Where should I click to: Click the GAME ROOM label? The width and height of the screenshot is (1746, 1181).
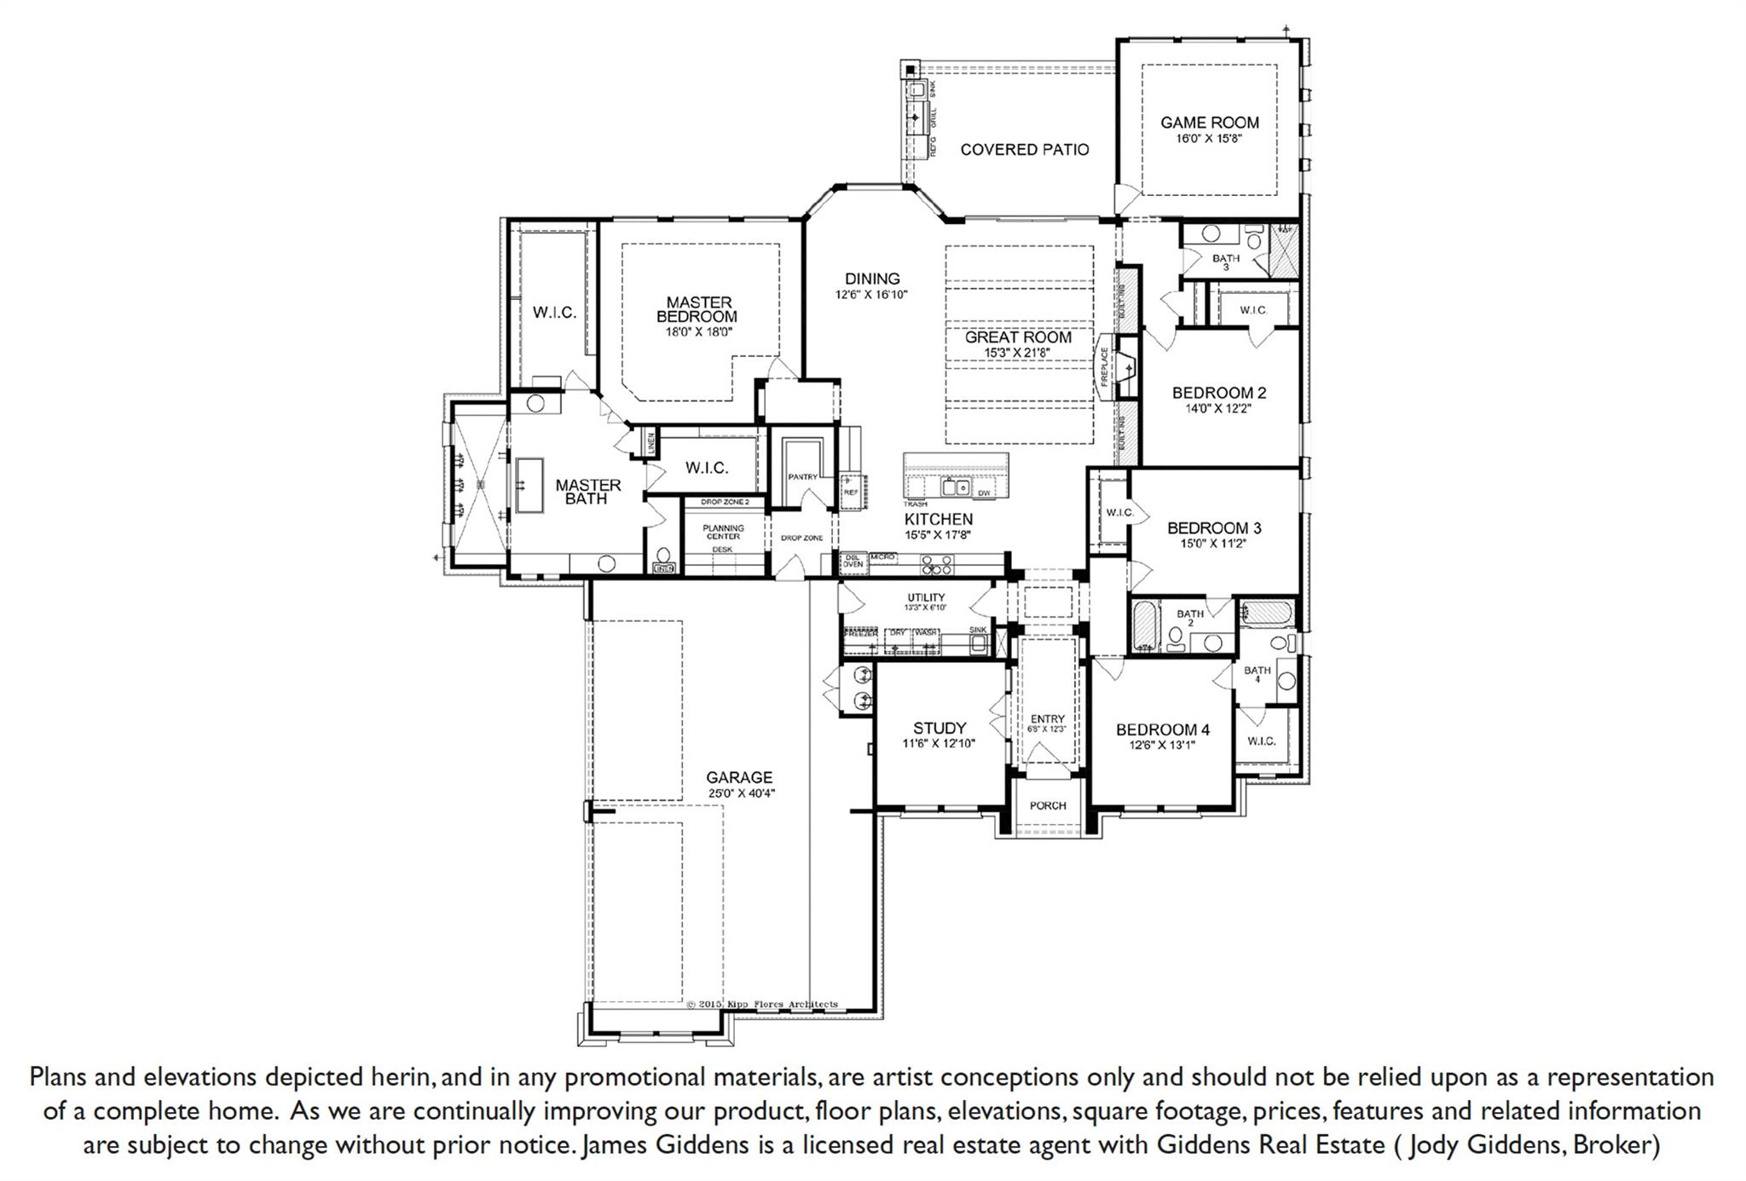pyautogui.click(x=1209, y=123)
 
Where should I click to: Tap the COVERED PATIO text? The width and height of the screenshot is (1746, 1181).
pyautogui.click(x=1024, y=150)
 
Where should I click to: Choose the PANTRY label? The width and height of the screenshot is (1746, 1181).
pyautogui.click(x=802, y=477)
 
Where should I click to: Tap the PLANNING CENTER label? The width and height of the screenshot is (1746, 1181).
pyautogui.click(x=723, y=532)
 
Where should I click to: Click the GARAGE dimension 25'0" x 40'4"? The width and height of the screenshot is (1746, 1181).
pyautogui.click(x=739, y=793)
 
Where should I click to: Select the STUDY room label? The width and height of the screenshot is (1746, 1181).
pyautogui.click(x=939, y=729)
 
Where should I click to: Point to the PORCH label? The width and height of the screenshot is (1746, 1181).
pyautogui.click(x=1048, y=806)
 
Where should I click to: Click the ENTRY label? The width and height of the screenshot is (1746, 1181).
pyautogui.click(x=1047, y=719)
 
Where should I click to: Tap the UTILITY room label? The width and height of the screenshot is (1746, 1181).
pyautogui.click(x=926, y=597)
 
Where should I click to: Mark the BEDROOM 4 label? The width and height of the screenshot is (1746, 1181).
pyautogui.click(x=1163, y=730)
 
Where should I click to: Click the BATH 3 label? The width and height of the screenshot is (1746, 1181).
pyautogui.click(x=1226, y=259)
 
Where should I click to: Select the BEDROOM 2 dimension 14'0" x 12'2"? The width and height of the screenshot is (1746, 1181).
pyautogui.click(x=1219, y=408)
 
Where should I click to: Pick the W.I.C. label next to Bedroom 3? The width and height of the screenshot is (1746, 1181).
pyautogui.click(x=1119, y=512)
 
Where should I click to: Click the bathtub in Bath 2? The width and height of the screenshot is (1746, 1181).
pyautogui.click(x=1144, y=626)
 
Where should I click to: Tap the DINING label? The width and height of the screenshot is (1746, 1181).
pyautogui.click(x=872, y=279)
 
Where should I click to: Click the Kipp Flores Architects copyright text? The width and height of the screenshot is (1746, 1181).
pyautogui.click(x=762, y=1005)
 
